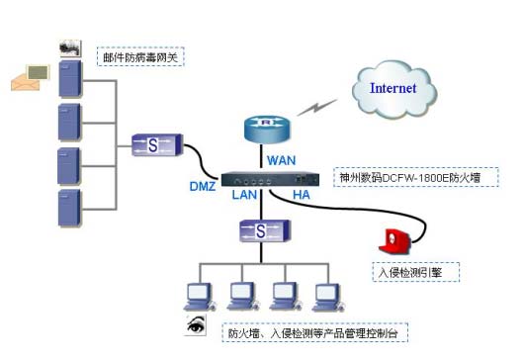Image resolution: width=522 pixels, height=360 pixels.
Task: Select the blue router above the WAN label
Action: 265,129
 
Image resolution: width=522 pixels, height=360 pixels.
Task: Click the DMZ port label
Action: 202,186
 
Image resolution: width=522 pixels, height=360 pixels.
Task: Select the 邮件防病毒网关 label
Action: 140,55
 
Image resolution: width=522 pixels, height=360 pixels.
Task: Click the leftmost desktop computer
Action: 199,296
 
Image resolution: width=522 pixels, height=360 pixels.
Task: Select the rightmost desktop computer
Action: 327,296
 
